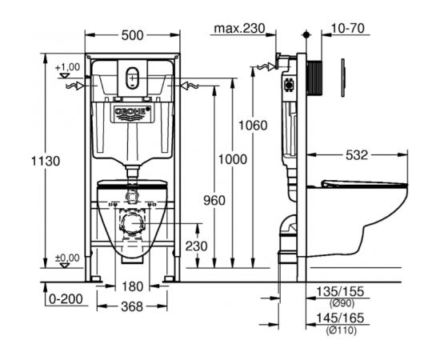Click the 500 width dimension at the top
[132, 35]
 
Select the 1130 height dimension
[46, 162]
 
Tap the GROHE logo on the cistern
[133, 112]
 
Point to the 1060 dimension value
[253, 126]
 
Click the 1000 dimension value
[233, 159]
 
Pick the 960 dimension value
[214, 201]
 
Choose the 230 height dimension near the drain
[197, 246]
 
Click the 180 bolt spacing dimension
[133, 286]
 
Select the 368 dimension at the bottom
[132, 306]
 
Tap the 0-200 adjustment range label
[66, 299]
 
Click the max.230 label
[239, 28]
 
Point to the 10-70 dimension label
[348, 28]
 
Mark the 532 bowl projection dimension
[357, 155]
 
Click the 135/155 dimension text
[340, 291]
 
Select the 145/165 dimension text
[340, 318]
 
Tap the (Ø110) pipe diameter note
[342, 330]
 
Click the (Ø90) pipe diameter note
[342, 303]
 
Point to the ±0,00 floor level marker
[67, 258]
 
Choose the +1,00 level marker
[67, 67]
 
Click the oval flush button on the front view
[132, 78]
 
